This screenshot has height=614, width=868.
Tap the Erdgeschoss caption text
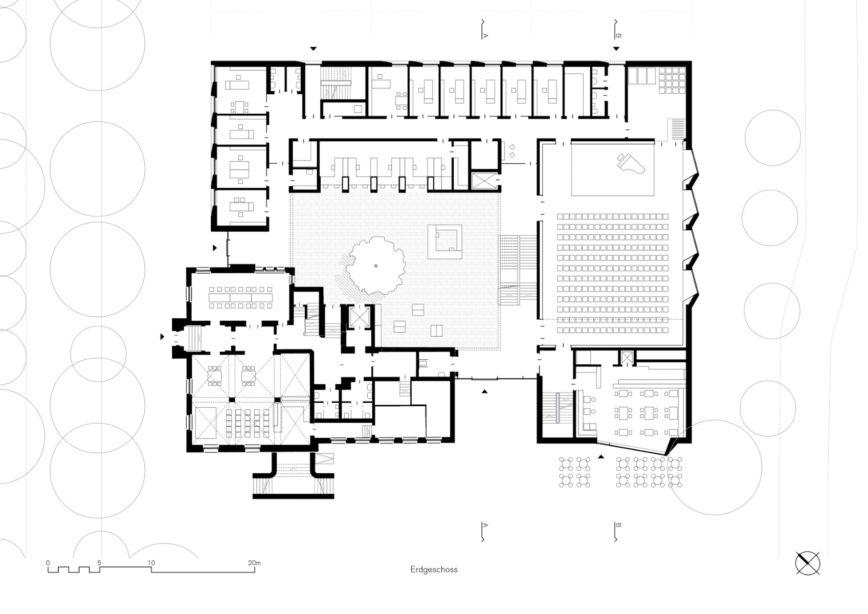434,569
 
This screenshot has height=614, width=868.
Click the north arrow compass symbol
808,563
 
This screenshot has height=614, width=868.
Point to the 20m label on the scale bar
254,563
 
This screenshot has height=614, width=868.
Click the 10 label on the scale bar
151,563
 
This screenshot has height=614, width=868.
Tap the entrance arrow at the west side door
163,337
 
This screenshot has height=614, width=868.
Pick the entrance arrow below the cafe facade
602,456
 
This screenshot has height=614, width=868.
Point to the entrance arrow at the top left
314,49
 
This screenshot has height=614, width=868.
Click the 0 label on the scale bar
48,563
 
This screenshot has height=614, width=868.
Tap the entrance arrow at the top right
616,49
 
